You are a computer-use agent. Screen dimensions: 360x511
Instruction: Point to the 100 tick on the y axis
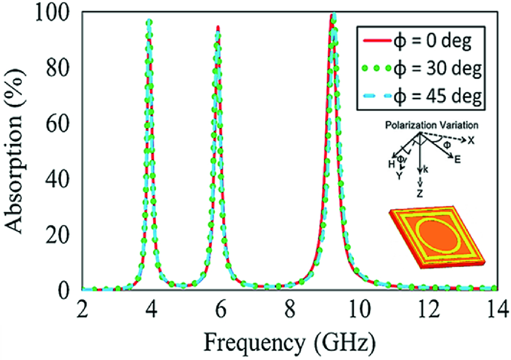pos(58,13)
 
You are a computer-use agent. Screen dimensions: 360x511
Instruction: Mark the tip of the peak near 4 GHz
pos(150,22)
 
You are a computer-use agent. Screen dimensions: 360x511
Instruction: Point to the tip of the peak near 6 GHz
pos(218,26)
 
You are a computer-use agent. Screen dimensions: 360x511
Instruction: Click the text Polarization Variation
pos(429,124)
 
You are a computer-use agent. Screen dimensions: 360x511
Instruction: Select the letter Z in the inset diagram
pos(420,195)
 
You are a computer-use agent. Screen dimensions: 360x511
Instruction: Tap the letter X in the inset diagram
pos(471,140)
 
